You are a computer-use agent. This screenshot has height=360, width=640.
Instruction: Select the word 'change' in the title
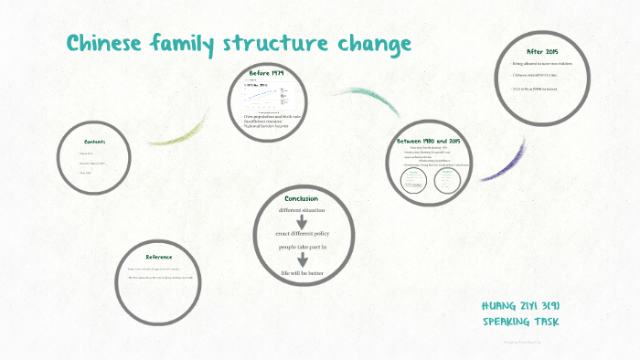coord(374,44)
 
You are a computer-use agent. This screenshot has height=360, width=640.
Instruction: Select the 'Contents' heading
coord(95,142)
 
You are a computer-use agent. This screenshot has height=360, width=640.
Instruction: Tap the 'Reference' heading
coord(158,257)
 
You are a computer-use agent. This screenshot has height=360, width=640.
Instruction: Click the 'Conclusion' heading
coord(301,198)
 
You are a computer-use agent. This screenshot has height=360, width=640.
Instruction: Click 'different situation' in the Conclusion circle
coord(301,211)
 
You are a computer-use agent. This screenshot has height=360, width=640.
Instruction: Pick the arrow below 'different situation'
coord(301,222)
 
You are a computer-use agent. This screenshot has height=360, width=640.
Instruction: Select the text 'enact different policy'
coord(301,234)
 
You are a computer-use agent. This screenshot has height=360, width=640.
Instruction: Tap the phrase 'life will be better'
coord(301,273)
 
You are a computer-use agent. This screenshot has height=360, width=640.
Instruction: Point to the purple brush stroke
coord(503,161)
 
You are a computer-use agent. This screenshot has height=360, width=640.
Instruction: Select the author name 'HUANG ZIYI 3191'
coord(519,304)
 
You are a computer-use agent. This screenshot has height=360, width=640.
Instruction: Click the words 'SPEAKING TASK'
coord(519,321)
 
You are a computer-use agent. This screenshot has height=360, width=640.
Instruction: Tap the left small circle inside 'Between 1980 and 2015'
coord(413,180)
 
